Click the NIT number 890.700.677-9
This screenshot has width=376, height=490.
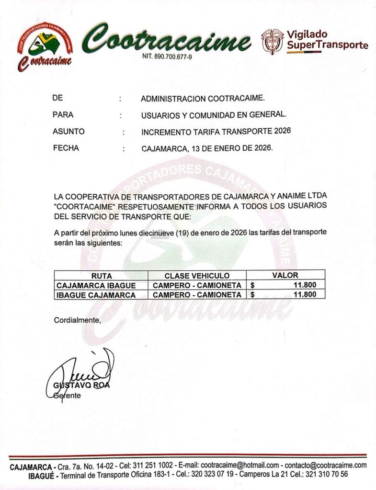167,56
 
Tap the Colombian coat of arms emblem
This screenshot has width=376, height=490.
272,41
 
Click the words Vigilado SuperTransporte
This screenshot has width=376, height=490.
327,40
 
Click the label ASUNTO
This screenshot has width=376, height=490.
68,131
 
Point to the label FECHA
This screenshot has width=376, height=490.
66,148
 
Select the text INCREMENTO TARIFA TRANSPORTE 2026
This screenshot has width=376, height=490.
216,131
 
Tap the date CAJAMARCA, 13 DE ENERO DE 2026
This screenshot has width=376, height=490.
207,148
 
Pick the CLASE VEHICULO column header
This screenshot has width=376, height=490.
197,276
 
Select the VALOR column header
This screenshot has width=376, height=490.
285,275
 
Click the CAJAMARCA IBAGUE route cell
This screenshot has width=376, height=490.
96,285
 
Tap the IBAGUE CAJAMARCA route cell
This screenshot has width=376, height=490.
96,295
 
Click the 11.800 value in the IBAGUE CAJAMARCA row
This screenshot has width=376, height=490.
305,295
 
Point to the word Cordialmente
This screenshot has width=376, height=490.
77,320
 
